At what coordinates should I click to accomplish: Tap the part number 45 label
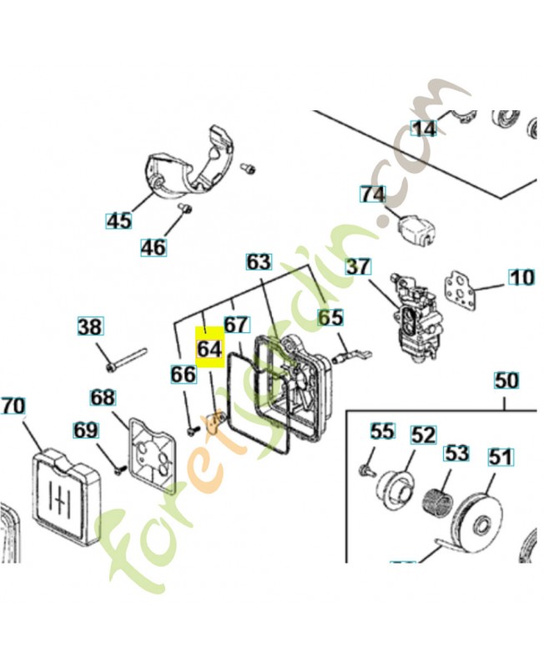[x=118, y=221]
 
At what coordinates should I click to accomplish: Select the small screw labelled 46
[x=185, y=209]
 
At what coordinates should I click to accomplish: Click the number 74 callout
[x=373, y=195]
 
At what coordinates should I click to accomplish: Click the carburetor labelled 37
[x=412, y=320]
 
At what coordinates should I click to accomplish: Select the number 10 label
[x=521, y=277]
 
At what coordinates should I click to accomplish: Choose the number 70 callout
[x=13, y=406]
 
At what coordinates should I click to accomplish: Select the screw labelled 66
[x=194, y=431]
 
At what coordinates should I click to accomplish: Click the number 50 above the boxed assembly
[x=506, y=380]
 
